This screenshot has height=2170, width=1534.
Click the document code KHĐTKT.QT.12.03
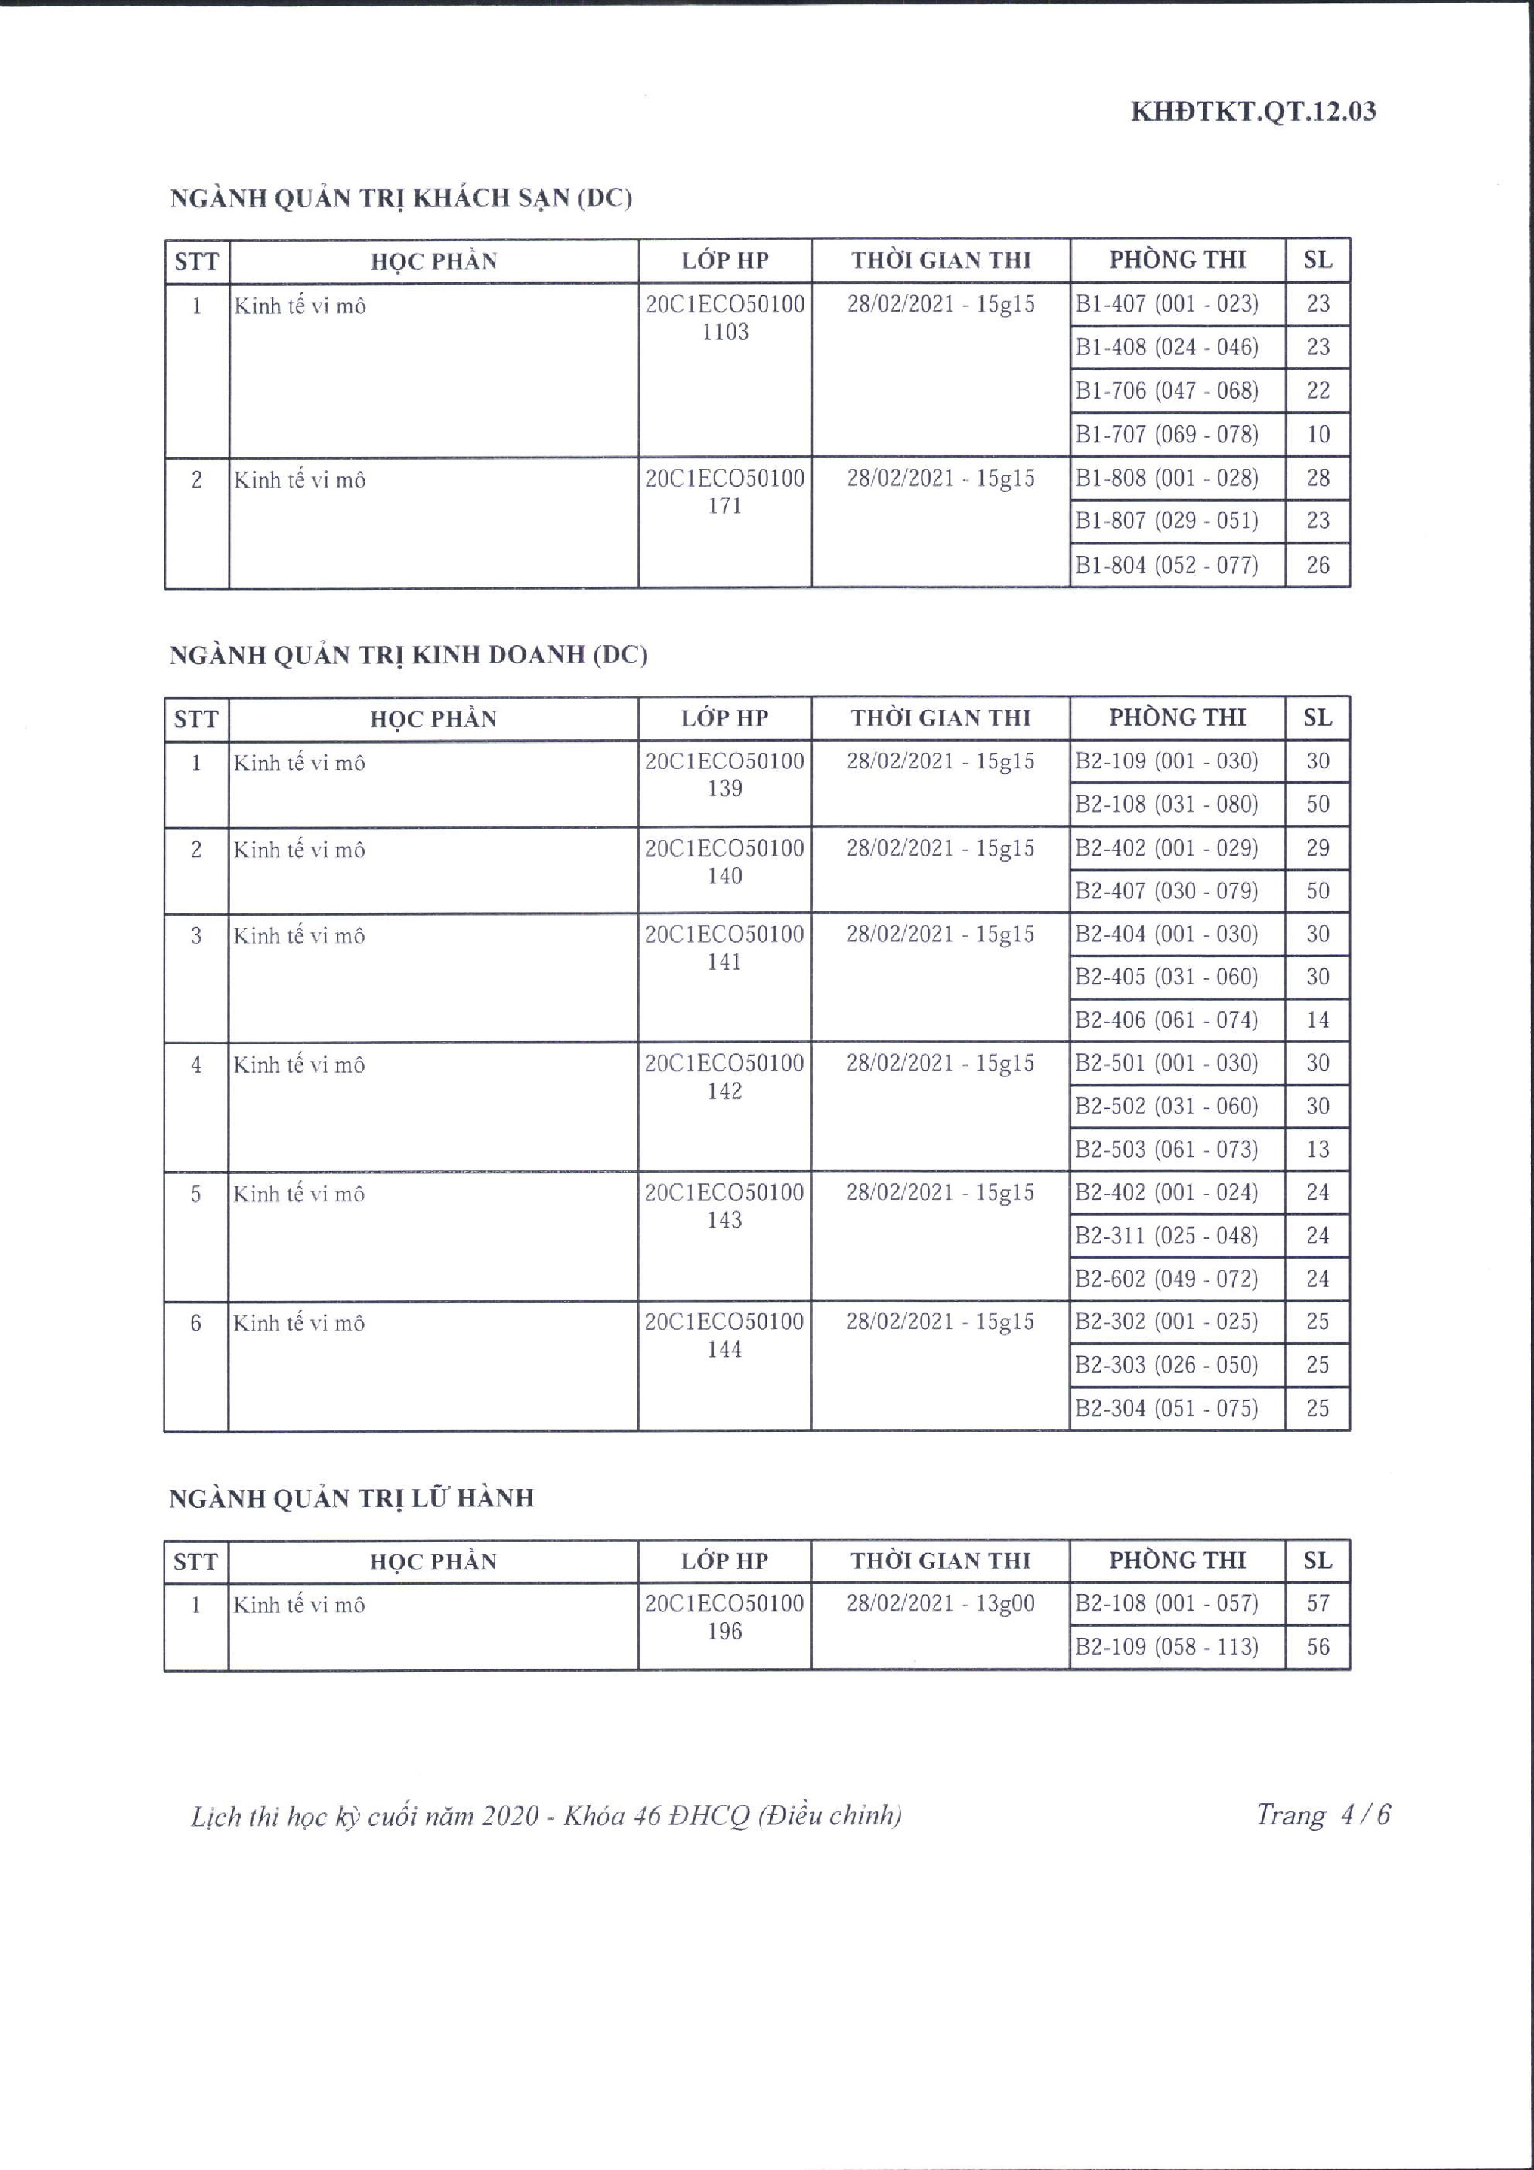(1253, 111)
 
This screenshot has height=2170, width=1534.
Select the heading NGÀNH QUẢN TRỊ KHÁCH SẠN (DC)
(401, 199)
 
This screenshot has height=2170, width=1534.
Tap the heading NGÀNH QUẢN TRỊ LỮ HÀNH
(351, 1498)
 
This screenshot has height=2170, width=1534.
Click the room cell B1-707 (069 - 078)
(1167, 435)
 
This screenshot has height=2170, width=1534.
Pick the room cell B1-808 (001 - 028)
(1167, 478)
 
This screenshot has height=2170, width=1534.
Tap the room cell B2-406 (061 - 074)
(1167, 1021)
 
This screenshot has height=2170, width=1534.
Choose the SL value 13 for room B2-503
(1318, 1150)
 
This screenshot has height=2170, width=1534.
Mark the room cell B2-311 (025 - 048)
(1167, 1236)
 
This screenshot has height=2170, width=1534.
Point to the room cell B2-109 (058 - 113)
(1167, 1647)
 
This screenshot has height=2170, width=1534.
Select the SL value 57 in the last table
(1318, 1604)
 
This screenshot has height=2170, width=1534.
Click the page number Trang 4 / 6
(1322, 1815)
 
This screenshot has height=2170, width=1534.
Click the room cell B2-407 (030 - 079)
(1167, 891)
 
